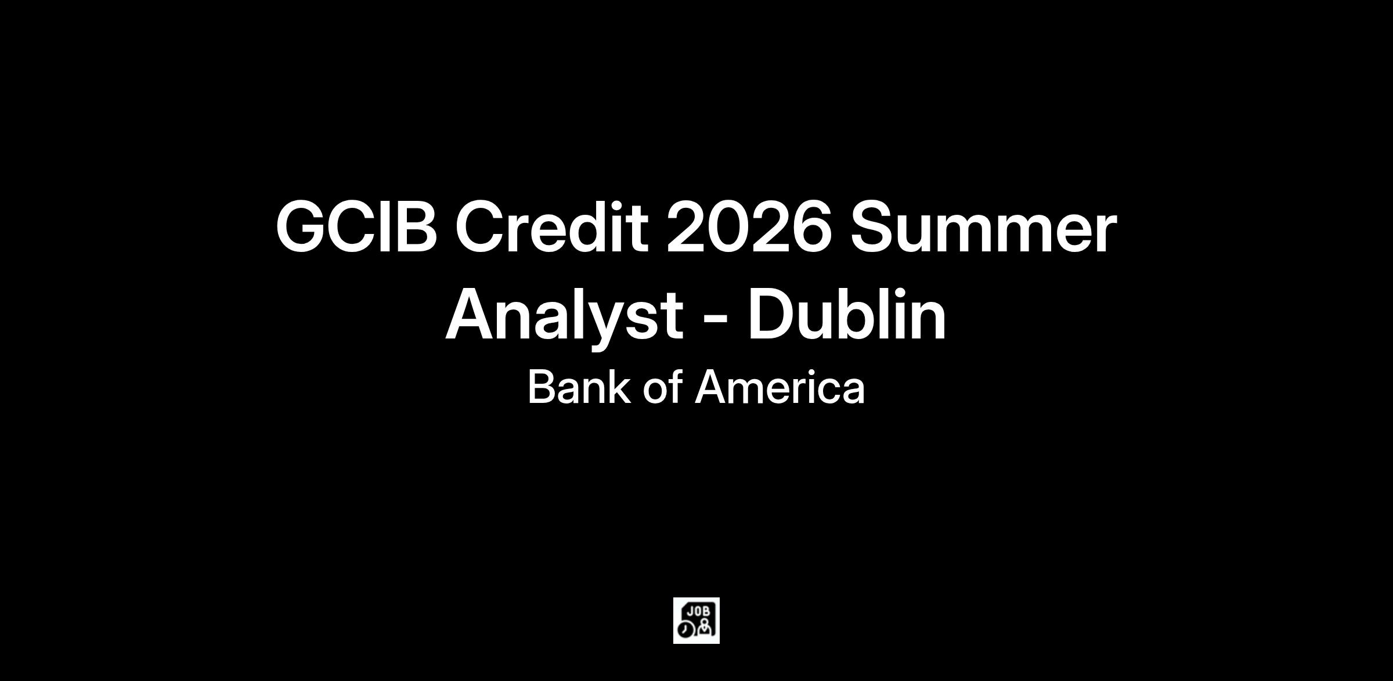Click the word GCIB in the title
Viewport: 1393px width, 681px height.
[x=356, y=226]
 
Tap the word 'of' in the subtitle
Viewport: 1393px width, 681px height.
[x=662, y=387]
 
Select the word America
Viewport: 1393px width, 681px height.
[x=779, y=387]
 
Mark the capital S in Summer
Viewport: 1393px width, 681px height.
[x=874, y=226]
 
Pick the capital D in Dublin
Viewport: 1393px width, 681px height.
[x=773, y=314]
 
